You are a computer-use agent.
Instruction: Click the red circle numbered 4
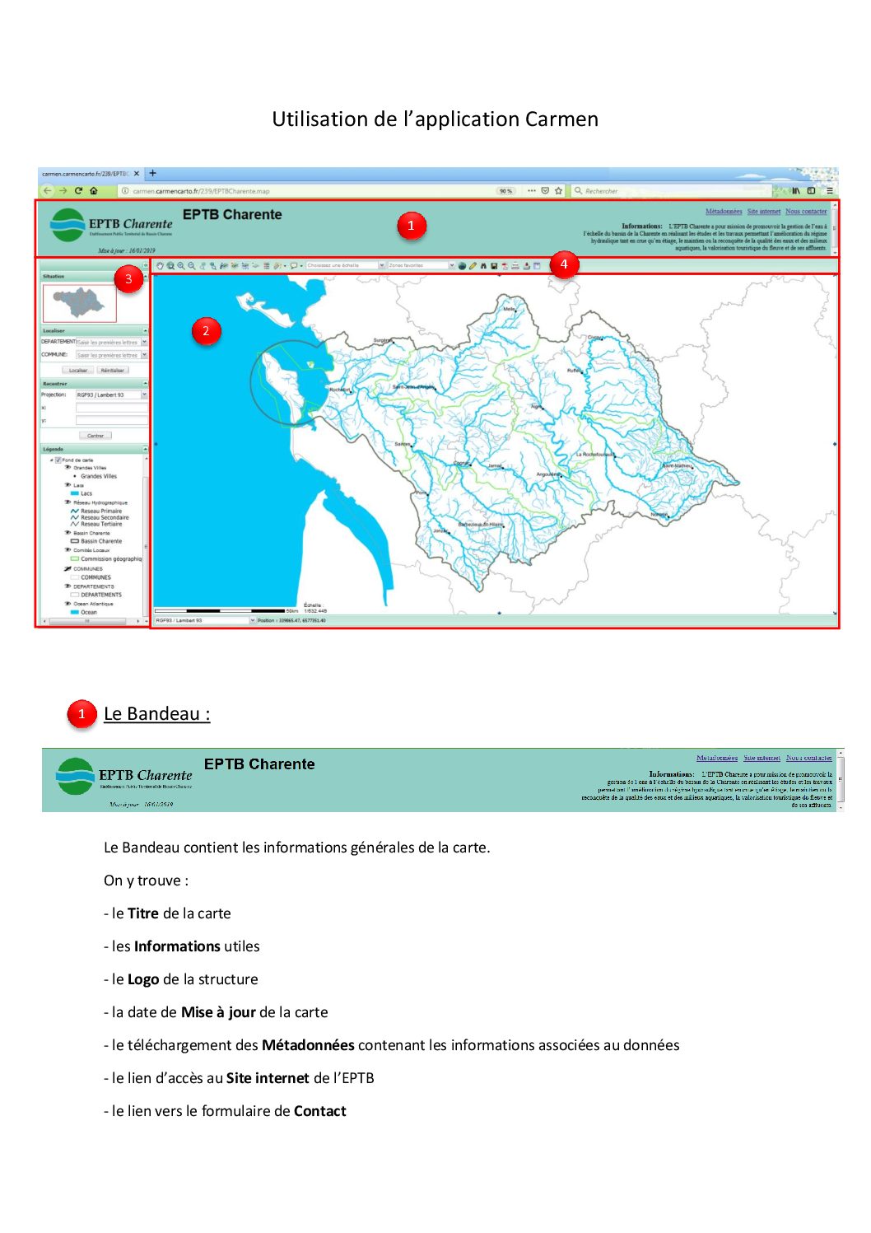point(564,264)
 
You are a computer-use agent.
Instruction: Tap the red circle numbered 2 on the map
point(206,331)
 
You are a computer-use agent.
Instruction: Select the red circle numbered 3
point(128,279)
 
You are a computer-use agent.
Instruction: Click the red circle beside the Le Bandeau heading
point(82,714)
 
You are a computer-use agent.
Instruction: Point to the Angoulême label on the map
point(548,474)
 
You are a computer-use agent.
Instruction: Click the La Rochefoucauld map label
point(594,455)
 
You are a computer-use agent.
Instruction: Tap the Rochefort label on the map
point(339,390)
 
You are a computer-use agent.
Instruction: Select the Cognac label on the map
point(461,463)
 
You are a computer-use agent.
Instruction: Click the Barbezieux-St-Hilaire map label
point(481,524)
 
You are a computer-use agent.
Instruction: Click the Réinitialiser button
point(112,371)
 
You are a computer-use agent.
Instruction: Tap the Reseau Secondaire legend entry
point(105,517)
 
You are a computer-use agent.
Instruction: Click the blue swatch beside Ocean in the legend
point(75,612)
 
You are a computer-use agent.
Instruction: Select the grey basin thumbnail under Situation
point(79,302)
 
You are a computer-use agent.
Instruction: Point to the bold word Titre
point(142,913)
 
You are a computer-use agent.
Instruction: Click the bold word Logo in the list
point(143,979)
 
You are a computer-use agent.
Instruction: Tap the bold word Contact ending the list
point(320,1111)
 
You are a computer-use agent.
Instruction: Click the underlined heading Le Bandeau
point(156,714)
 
